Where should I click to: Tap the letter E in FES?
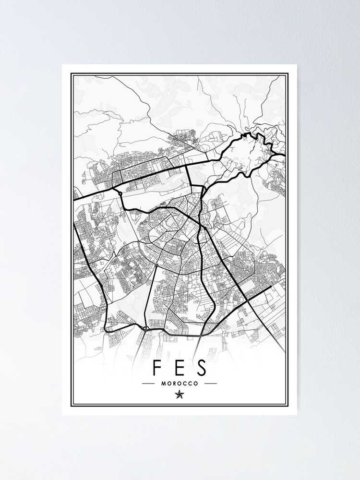point(180,367)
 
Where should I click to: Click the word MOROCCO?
point(180,384)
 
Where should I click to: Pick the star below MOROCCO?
point(180,395)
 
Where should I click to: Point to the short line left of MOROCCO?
point(149,384)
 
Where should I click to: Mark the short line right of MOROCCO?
point(211,384)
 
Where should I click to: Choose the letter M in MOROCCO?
point(164,384)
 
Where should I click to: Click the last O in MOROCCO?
point(196,384)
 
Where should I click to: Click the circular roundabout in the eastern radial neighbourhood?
point(245,270)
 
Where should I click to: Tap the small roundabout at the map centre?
point(157,265)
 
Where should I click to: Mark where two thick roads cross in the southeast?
point(247,300)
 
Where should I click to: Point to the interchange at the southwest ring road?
point(144,328)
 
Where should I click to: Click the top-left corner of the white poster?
point(62,65)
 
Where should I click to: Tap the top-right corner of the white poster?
point(297,65)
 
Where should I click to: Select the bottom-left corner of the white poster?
point(62,415)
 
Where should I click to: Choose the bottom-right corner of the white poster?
point(297,415)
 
